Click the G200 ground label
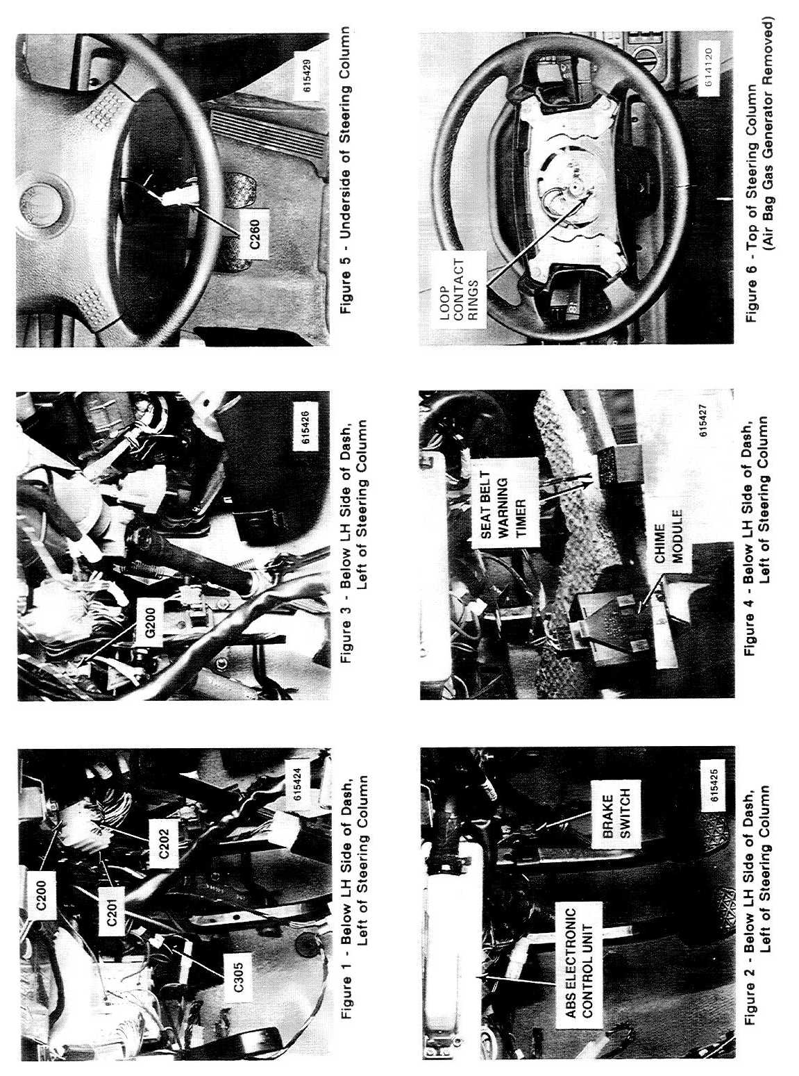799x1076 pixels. coord(151,622)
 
